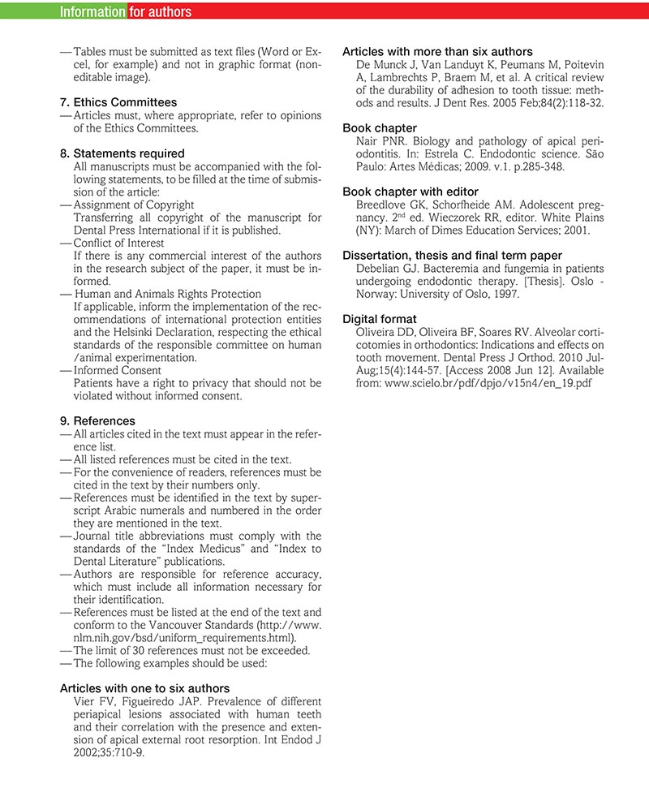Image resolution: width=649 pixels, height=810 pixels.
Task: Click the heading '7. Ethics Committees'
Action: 118,103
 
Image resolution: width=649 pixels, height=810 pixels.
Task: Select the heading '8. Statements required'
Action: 122,153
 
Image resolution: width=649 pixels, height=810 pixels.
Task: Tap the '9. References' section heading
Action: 98,421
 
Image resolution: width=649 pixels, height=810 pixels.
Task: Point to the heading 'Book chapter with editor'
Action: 410,192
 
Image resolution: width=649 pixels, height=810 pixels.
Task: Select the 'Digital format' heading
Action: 380,318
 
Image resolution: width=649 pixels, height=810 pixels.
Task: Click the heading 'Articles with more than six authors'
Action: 437,52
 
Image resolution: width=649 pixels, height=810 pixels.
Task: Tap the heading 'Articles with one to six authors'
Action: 144,688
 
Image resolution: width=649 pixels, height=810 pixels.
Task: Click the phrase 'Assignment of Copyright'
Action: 134,205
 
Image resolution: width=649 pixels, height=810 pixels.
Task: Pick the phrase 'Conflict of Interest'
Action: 118,243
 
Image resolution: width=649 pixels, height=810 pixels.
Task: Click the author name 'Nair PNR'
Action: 378,141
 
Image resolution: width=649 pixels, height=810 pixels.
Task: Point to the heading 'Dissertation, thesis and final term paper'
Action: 452,255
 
